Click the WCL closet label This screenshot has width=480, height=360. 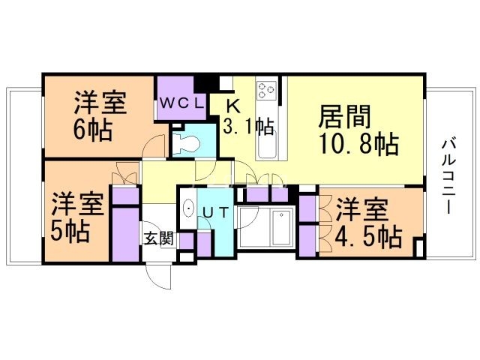point(181,103)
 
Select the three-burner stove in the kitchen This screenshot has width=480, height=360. point(266,90)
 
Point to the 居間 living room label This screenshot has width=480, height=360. point(345,116)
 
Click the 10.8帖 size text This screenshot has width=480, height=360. point(358,144)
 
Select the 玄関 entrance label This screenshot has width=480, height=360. point(159,238)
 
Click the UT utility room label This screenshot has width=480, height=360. point(216,212)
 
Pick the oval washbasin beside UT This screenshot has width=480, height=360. point(189,208)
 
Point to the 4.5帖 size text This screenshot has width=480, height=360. point(368,237)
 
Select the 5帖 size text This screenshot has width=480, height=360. point(70,232)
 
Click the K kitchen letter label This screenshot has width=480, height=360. point(233,106)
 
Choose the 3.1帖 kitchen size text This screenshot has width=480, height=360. point(248,126)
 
